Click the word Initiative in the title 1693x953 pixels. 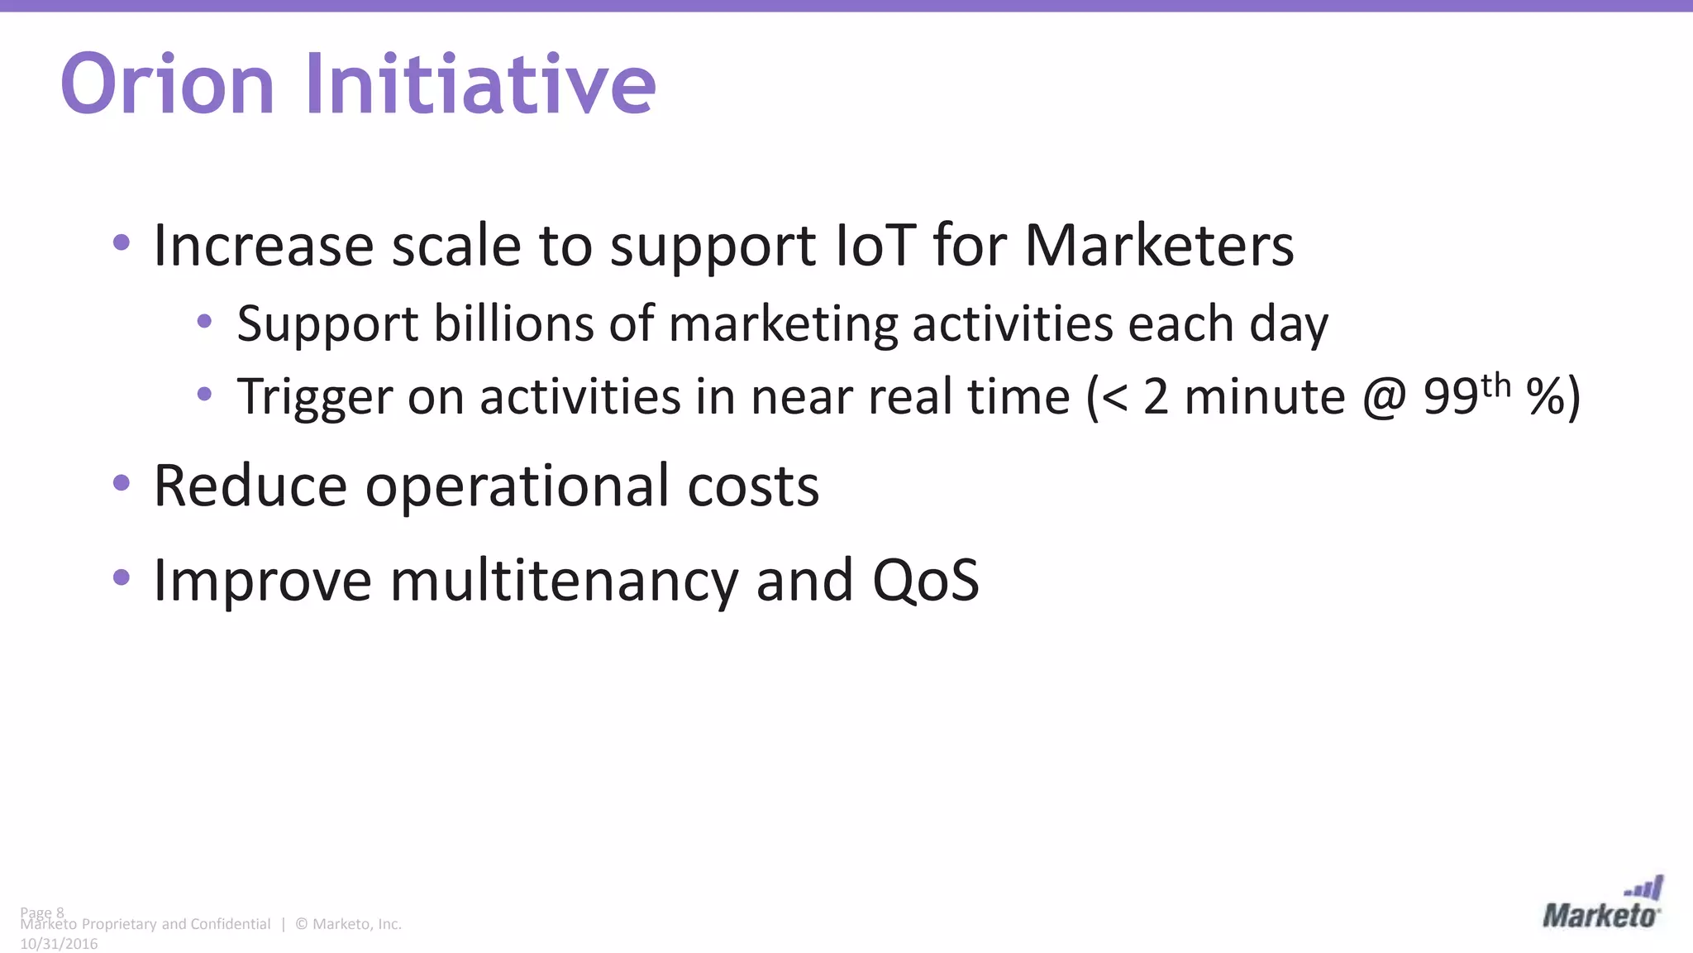(481, 84)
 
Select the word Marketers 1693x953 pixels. (1159, 246)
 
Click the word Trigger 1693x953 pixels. (314, 397)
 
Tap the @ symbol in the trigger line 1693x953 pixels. (1383, 397)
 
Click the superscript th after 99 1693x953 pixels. (1495, 386)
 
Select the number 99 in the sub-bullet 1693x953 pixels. (1450, 397)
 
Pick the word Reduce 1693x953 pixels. (250, 486)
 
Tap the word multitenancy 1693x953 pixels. (564, 580)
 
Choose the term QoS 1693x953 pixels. (926, 580)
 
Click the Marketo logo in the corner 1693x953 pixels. (1601, 904)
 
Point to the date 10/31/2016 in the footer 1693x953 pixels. (59, 944)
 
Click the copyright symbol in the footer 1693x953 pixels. (301, 924)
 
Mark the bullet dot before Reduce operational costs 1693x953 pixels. (122, 483)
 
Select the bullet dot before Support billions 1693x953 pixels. (204, 321)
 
